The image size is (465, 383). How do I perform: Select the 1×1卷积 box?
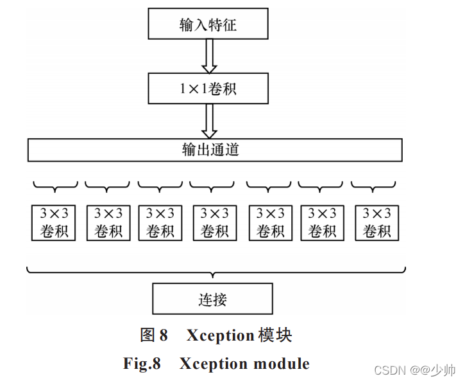click(x=208, y=88)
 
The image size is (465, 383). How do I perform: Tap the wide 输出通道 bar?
click(x=214, y=150)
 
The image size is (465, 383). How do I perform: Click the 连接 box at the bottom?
click(x=212, y=299)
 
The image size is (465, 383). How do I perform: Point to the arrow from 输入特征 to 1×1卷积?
click(x=208, y=55)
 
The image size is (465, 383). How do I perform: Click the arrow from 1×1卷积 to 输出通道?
click(x=208, y=120)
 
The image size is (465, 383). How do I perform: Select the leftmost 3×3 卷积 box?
click(x=54, y=222)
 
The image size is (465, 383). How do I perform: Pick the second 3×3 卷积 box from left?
click(x=108, y=222)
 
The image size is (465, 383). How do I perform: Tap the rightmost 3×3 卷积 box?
click(x=376, y=222)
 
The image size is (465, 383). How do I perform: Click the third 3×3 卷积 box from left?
click(x=160, y=222)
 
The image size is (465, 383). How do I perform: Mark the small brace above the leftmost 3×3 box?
click(x=55, y=186)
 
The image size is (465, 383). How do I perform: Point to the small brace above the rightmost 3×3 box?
click(x=373, y=186)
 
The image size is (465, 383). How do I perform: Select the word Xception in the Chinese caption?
click(x=220, y=335)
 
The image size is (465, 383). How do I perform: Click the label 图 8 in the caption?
click(x=154, y=335)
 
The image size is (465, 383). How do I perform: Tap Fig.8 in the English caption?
click(x=142, y=364)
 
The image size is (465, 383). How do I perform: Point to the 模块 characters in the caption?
click(x=275, y=335)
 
